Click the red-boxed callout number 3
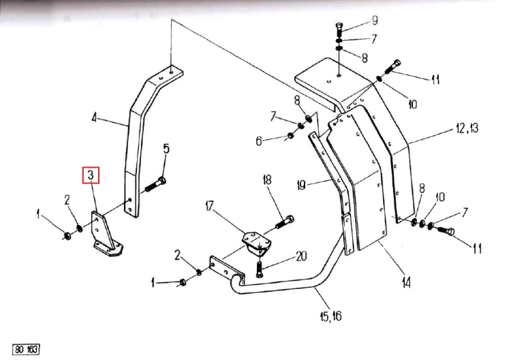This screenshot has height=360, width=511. pyautogui.click(x=91, y=175)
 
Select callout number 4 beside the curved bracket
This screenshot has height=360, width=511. pyautogui.click(x=94, y=117)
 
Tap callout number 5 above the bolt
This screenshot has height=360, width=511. pyautogui.click(x=166, y=149)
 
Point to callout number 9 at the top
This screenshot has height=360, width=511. pyautogui.click(x=375, y=20)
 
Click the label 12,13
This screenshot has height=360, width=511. pyautogui.click(x=467, y=128)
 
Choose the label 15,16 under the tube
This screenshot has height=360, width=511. pyautogui.click(x=330, y=316)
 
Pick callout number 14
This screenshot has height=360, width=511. pyautogui.click(x=406, y=282)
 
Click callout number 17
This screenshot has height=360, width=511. pyautogui.click(x=209, y=206)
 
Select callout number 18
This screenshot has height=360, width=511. pyautogui.click(x=267, y=180)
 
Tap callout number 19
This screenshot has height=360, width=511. pyautogui.click(x=301, y=185)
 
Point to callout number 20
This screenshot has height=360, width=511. pyautogui.click(x=301, y=256)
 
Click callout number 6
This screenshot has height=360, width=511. pyautogui.click(x=259, y=141)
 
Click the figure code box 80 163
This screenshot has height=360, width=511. pyautogui.click(x=26, y=350)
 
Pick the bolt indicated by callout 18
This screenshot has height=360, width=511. pyautogui.click(x=285, y=222)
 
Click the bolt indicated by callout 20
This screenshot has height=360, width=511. pyautogui.click(x=260, y=269)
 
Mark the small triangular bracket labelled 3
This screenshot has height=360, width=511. pyautogui.click(x=105, y=235)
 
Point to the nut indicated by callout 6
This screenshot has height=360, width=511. pyautogui.click(x=291, y=135)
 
